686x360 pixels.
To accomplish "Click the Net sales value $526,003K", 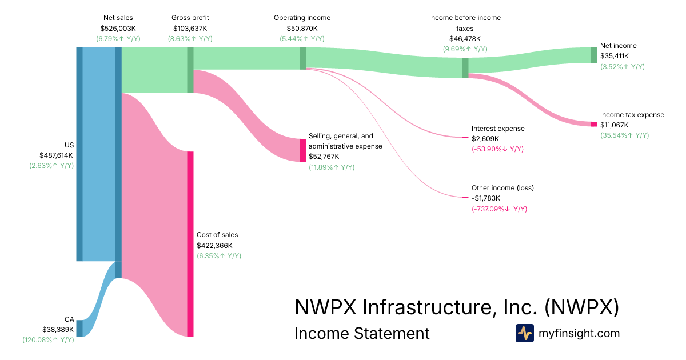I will (x=118, y=28).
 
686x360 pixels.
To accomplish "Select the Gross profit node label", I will (x=190, y=18).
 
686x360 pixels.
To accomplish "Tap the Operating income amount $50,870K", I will (x=302, y=28).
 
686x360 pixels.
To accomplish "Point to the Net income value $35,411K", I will (x=615, y=56).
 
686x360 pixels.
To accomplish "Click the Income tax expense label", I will (x=632, y=115).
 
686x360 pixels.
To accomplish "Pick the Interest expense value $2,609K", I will (x=485, y=139).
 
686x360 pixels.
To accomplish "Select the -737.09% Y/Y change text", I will (x=499, y=209).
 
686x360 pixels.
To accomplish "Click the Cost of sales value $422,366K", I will (x=217, y=245).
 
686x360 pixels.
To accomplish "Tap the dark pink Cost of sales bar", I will (x=190, y=244).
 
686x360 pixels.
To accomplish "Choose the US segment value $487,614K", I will (x=57, y=155).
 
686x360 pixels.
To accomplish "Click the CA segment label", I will (x=69, y=319).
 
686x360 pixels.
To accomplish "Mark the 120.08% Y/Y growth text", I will (x=48, y=340).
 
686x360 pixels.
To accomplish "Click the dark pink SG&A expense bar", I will (x=303, y=150).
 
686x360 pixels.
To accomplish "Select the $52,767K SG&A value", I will (x=324, y=157).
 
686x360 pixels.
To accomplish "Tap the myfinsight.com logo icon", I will (x=524, y=333).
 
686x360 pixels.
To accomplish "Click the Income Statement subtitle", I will (x=362, y=333).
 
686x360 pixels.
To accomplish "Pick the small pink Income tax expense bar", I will (x=594, y=124).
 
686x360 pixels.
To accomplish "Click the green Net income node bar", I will (x=594, y=55).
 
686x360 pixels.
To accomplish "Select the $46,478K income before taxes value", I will (x=465, y=38).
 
